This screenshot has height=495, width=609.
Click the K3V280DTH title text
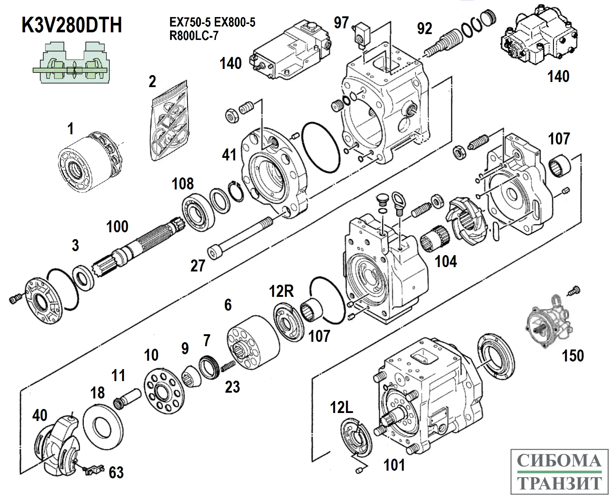[72, 25]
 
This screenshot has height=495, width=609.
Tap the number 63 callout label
[116, 472]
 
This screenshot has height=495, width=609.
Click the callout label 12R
[281, 291]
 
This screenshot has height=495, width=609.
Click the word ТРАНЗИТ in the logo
[558, 483]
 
